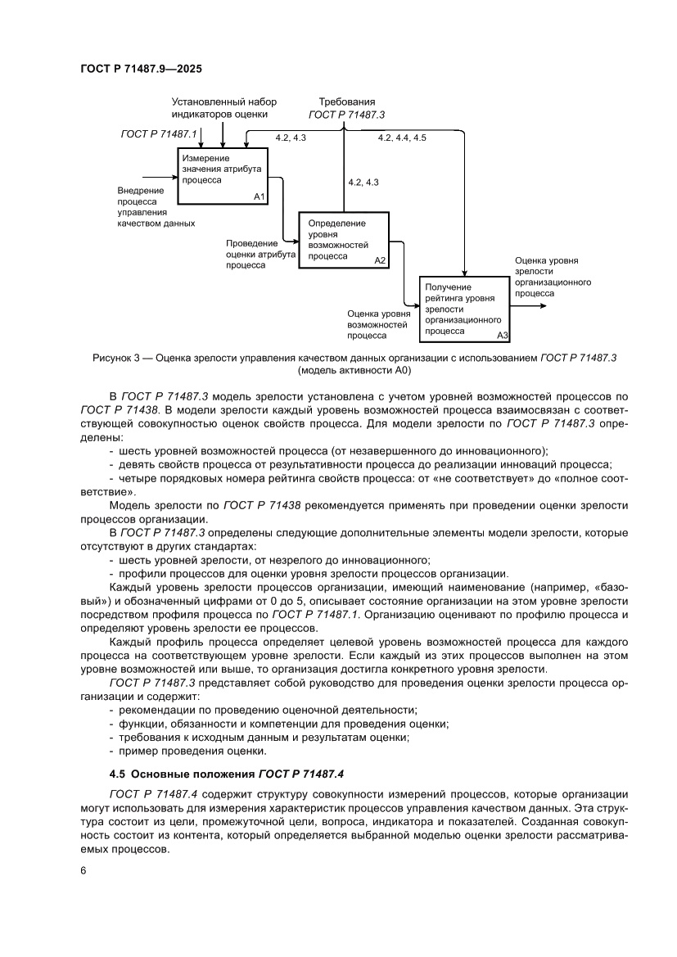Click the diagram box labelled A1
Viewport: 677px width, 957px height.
point(223,174)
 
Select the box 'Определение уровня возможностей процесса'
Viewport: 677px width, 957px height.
point(344,239)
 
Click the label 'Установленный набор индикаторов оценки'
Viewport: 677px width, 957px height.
point(223,108)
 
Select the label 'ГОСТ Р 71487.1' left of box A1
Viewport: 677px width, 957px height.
point(159,133)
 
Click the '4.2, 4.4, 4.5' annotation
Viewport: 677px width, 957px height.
point(401,138)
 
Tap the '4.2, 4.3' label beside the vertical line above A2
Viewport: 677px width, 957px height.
point(363,182)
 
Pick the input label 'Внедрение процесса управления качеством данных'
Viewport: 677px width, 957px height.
point(156,205)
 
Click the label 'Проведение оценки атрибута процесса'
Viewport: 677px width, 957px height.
point(260,254)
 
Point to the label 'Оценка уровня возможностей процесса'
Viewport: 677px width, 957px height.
point(378,323)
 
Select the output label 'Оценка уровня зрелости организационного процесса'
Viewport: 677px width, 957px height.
point(553,276)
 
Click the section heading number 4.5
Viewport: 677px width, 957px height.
point(118,772)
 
